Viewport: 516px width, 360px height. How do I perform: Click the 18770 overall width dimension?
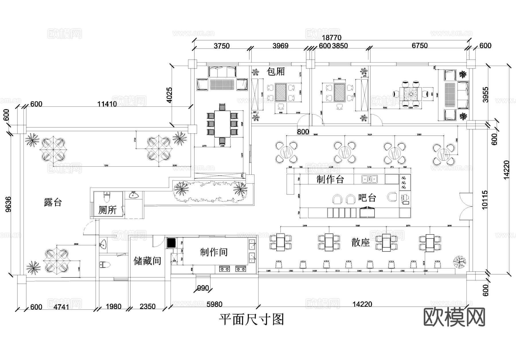point(331,38)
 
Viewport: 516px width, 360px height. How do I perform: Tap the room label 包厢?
point(275,71)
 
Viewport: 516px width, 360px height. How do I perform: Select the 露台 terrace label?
point(53,202)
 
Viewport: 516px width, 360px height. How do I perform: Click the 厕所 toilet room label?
point(107,210)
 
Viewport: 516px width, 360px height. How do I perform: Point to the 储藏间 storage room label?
point(147,261)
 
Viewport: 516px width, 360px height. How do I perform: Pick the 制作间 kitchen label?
point(214,252)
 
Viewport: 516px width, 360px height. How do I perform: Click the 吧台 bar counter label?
point(367,198)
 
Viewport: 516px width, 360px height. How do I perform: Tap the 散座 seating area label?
point(360,242)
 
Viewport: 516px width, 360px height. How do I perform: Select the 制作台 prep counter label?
point(330,180)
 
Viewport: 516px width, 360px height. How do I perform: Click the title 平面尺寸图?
point(251,319)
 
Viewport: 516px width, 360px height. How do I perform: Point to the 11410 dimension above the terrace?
point(107,104)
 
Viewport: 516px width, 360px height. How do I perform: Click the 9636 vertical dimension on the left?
point(8,204)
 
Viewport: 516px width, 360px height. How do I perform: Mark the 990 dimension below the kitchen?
point(203,288)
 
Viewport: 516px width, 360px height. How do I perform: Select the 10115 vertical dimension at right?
point(484,200)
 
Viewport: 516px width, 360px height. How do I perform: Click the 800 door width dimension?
point(303,132)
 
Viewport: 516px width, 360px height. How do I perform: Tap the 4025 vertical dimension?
point(169,95)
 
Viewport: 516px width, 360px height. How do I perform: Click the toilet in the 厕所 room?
point(107,198)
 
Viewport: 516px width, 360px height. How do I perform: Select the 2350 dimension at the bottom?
point(147,307)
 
